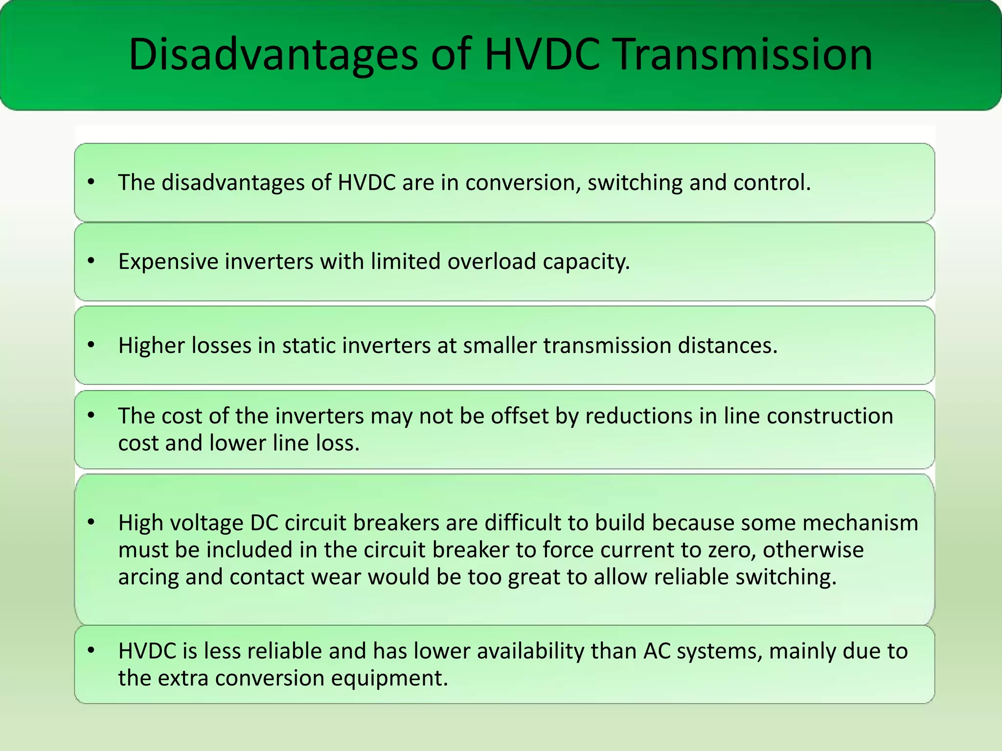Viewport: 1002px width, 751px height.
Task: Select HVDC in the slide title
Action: tap(542, 55)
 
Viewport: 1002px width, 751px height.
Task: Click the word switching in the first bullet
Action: tap(635, 183)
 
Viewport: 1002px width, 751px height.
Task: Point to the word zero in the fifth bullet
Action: tap(729, 550)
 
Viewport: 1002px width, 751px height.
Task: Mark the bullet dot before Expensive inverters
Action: tap(91, 261)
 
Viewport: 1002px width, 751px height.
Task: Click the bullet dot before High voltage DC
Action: tap(91, 522)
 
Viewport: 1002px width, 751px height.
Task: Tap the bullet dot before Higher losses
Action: tap(91, 345)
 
